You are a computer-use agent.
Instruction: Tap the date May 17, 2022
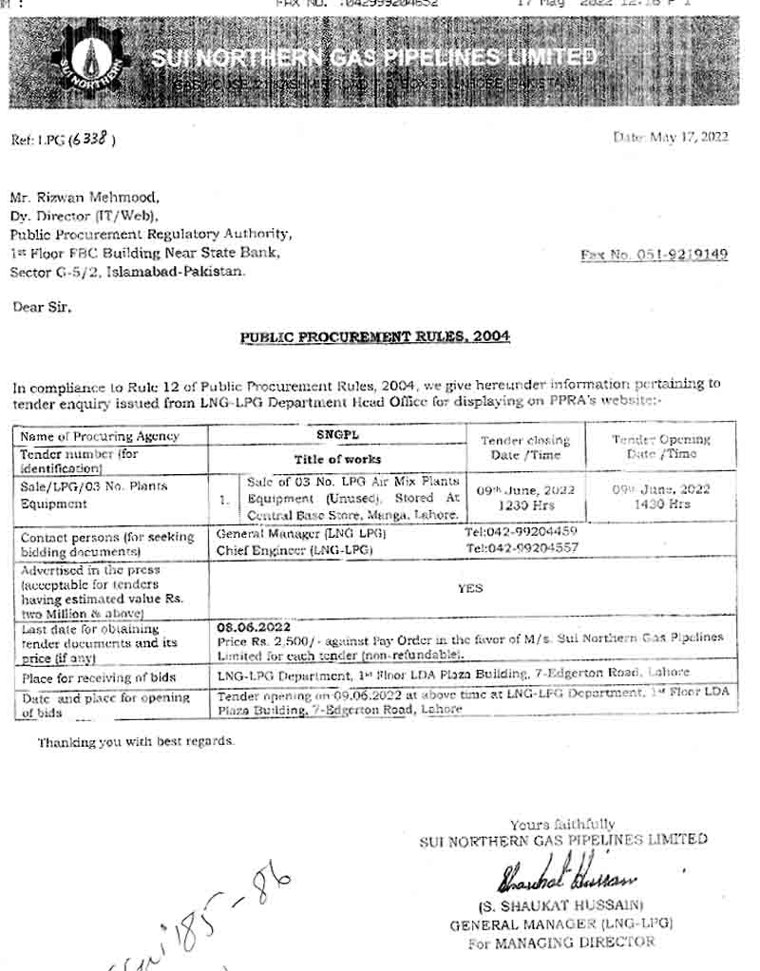tap(671, 137)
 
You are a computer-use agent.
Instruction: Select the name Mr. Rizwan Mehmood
tap(85, 198)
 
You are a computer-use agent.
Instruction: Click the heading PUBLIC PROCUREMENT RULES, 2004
tap(374, 336)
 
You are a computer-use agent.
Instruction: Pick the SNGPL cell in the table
tap(336, 434)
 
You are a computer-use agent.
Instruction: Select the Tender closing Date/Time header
tap(524, 447)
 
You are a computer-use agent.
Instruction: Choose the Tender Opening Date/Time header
tap(660, 446)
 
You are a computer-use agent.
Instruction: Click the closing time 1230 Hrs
tap(525, 505)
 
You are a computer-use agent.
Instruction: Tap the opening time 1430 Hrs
tap(661, 505)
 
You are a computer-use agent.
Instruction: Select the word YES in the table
tap(469, 588)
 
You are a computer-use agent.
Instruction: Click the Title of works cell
tap(337, 459)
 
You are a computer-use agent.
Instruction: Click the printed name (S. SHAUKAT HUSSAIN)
tap(561, 904)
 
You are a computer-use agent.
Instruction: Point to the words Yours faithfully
tap(561, 824)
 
